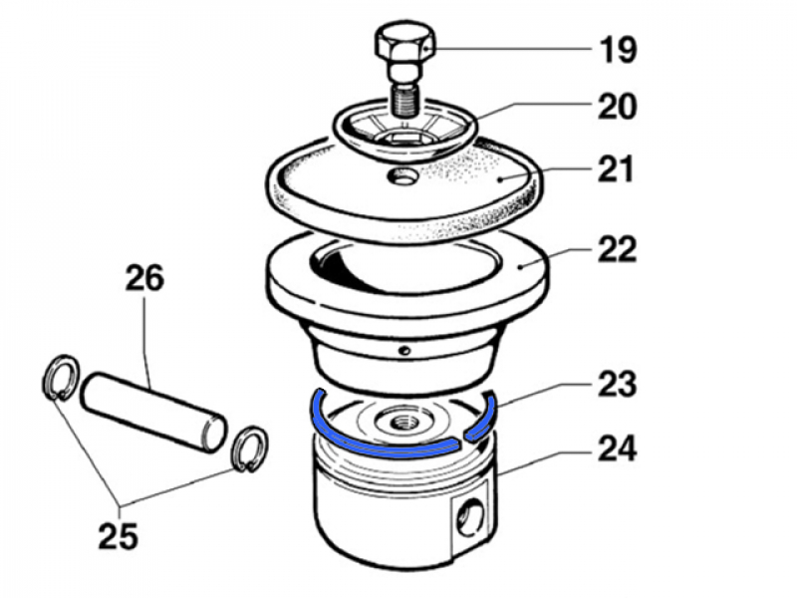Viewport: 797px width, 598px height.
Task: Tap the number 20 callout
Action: click(x=617, y=106)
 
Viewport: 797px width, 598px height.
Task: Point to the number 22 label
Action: click(x=617, y=248)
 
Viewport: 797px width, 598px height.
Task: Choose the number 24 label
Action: click(x=617, y=450)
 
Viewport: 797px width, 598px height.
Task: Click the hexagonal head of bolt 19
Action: click(x=403, y=46)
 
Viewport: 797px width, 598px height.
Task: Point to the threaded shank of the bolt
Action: click(x=403, y=98)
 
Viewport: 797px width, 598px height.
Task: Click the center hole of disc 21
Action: click(x=403, y=176)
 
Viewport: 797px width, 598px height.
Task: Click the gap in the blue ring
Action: click(x=462, y=436)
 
